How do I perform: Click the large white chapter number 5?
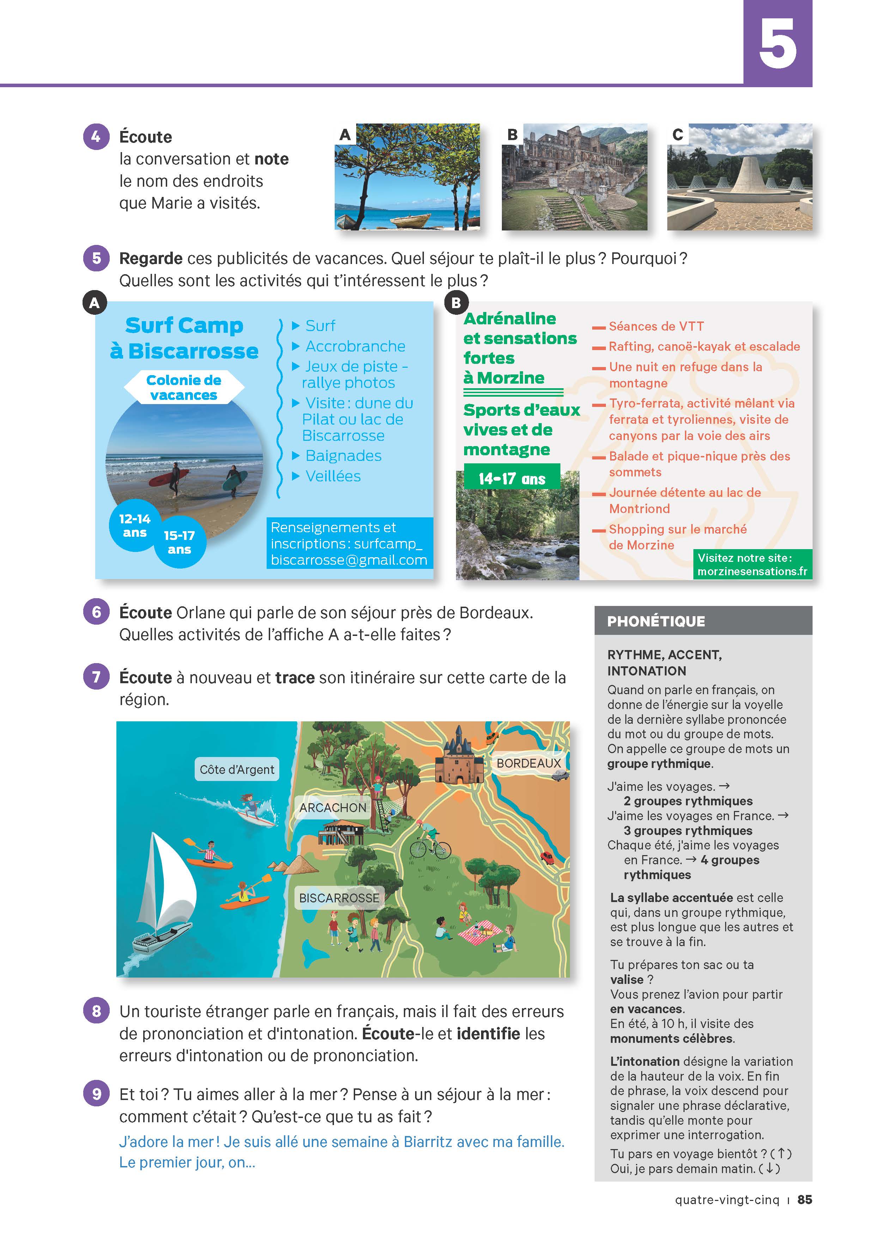coord(777,43)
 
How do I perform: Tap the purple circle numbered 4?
coord(96,137)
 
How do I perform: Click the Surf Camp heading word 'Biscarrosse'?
coord(193,351)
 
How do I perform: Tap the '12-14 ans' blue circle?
coord(135,526)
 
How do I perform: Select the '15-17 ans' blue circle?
coord(180,542)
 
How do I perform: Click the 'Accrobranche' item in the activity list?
coord(355,346)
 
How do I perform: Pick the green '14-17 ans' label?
coord(511,478)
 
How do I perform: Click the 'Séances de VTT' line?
coord(656,326)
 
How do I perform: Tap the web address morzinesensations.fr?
coord(752,572)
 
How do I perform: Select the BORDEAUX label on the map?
coord(529,763)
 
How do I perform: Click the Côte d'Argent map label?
coord(237,769)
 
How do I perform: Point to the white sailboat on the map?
coord(164,890)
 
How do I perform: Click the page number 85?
coord(804,1200)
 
